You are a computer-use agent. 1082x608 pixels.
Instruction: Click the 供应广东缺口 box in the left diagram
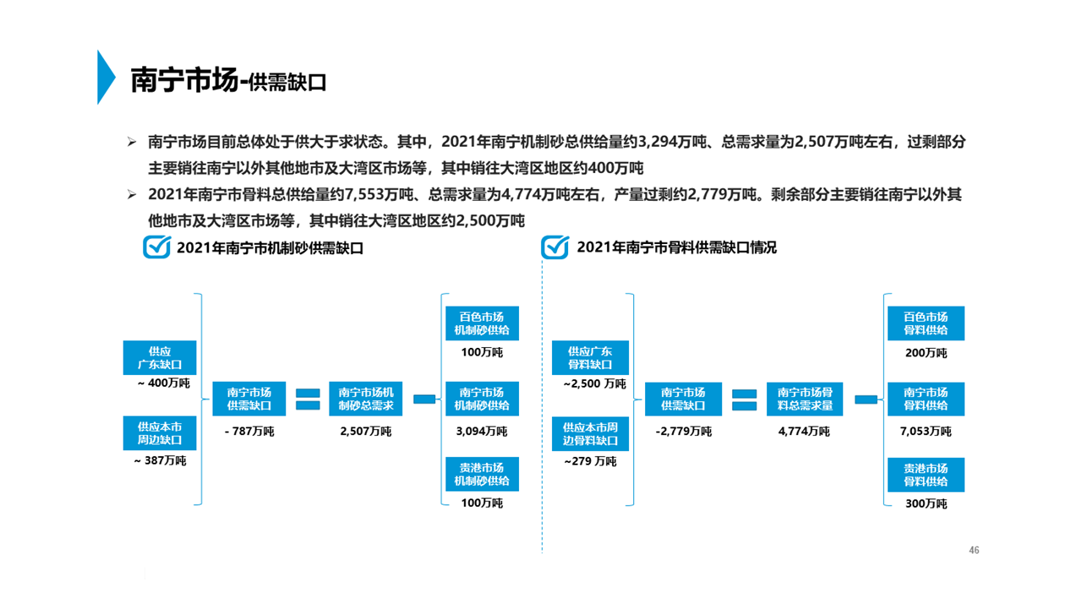[x=160, y=358]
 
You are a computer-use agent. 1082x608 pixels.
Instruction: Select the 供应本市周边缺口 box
[x=160, y=434]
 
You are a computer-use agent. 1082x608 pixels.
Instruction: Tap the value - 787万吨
[x=249, y=432]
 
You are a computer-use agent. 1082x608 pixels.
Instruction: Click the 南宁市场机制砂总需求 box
[x=366, y=399]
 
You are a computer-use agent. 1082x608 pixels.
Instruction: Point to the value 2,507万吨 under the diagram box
[x=366, y=432]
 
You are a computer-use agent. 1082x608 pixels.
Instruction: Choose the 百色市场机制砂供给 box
[x=482, y=323]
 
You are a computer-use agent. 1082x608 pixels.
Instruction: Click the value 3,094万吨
[x=482, y=432]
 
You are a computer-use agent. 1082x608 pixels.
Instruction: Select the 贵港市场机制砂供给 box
[x=482, y=475]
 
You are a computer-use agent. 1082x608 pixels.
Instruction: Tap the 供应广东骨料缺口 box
[x=590, y=358]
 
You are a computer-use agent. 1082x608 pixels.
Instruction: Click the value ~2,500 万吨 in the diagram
[x=595, y=384]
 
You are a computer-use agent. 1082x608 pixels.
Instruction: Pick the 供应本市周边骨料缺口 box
[x=590, y=434]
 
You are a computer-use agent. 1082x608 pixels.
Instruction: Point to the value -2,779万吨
[x=683, y=432]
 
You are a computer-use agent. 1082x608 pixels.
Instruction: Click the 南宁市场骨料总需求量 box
[x=805, y=399]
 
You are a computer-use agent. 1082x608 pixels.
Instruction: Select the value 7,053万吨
[x=926, y=432]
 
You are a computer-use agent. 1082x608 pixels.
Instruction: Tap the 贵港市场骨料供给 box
[x=926, y=475]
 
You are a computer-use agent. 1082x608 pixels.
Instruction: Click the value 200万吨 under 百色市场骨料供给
[x=926, y=353]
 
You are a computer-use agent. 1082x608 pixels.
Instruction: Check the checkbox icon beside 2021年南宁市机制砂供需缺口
[x=157, y=247]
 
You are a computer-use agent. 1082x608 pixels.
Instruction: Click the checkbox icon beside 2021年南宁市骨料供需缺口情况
[x=555, y=247]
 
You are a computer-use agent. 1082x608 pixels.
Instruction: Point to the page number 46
[x=974, y=551]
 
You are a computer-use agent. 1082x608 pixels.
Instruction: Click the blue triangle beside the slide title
[x=105, y=77]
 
